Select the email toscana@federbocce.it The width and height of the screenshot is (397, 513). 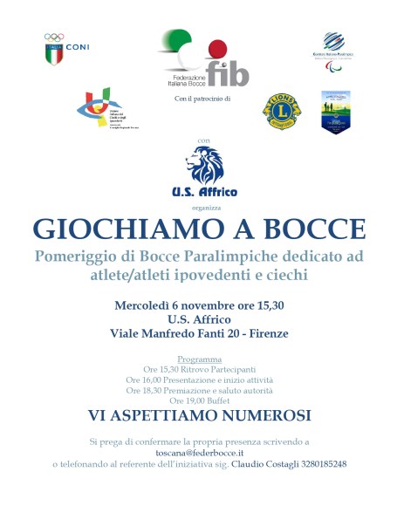click(199, 453)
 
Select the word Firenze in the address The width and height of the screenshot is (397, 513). click(264, 332)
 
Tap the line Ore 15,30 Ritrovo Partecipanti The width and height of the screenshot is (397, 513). click(199, 370)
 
